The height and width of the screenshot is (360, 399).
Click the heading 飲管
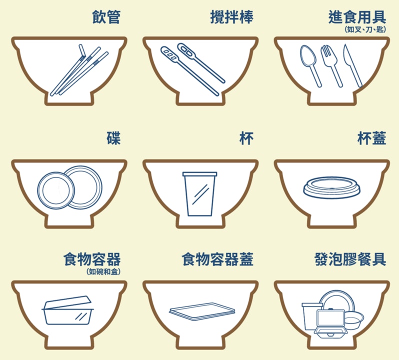click(106, 17)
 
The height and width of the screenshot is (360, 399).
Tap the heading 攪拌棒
click(231, 17)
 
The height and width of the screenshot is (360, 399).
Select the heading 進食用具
click(357, 17)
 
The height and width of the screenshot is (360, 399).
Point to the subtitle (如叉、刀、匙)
click(365, 29)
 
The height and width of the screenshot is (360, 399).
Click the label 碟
click(113, 138)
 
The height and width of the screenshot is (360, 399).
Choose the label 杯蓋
click(372, 138)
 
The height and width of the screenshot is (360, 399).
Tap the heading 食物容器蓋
click(217, 259)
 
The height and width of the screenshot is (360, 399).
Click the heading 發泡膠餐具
click(350, 259)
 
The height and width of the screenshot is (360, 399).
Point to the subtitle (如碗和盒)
click(103, 271)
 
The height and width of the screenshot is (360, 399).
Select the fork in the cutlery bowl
click(331, 65)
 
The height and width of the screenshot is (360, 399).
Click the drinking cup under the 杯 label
click(200, 194)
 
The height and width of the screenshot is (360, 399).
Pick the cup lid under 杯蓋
click(332, 188)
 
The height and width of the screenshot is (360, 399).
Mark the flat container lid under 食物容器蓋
click(202, 311)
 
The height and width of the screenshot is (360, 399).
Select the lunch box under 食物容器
click(67, 310)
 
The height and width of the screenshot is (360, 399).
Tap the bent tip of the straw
click(81, 50)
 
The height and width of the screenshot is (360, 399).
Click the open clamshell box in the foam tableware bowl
click(330, 323)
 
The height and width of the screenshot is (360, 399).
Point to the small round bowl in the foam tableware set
click(354, 320)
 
